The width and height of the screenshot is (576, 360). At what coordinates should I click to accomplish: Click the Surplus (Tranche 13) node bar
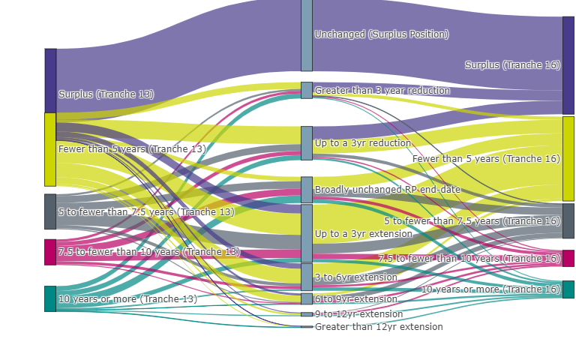coord(50,80)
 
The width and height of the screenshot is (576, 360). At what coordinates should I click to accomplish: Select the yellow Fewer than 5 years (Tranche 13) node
coord(50,149)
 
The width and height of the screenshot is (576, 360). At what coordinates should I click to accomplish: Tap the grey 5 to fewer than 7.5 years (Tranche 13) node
coord(50,211)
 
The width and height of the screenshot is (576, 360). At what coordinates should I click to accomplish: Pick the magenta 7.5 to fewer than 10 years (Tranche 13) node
coord(50,252)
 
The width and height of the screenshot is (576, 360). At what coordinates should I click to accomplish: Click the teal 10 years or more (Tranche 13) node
coord(50,298)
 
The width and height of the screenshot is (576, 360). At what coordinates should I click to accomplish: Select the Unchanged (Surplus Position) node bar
coord(306,34)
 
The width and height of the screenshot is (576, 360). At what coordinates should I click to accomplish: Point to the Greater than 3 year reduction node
coord(306,90)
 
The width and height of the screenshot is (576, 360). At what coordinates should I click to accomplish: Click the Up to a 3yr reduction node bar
coord(306,142)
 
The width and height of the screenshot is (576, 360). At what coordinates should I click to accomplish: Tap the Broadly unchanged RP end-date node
coord(306,190)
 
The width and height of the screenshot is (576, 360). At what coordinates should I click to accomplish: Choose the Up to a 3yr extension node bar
coord(306,233)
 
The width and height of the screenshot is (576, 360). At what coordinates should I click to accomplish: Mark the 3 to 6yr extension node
coord(306,277)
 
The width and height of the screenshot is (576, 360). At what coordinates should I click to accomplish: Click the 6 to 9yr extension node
coord(306,298)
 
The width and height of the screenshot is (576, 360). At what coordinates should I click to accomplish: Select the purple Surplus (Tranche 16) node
coord(568,65)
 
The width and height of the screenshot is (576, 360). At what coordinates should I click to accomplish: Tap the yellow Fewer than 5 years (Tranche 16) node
coord(568,158)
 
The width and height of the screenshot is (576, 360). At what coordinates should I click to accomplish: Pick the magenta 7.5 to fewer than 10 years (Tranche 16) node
coord(568,258)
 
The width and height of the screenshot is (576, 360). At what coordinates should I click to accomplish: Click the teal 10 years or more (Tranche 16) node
coord(568,289)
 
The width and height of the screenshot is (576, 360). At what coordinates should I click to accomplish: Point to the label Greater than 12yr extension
coord(379,327)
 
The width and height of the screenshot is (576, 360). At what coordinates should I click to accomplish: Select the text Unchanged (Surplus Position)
coord(382,34)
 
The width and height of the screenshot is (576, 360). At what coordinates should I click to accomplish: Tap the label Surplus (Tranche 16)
coord(512,65)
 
